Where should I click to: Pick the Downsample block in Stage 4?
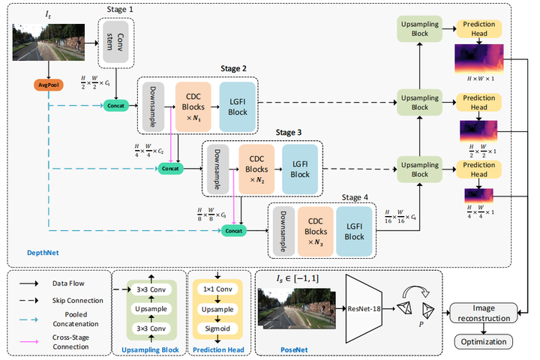click(x=282, y=228)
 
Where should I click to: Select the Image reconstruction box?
click(x=484, y=313)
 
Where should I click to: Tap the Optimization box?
click(x=484, y=342)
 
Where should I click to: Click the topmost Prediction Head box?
click(x=479, y=28)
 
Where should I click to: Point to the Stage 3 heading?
click(x=289, y=133)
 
